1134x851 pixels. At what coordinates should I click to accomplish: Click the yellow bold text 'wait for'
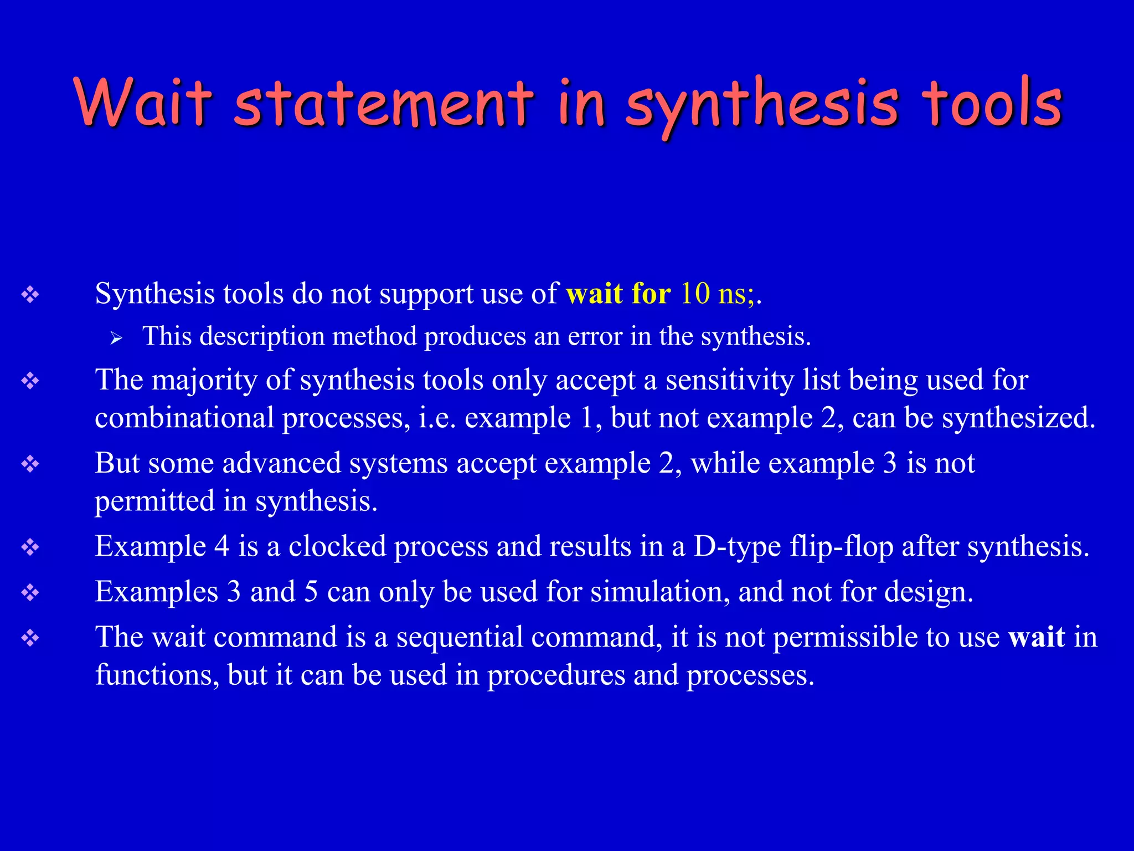point(618,293)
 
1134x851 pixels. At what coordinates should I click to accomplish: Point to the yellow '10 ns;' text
point(717,293)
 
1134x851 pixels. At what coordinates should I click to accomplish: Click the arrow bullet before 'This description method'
point(116,337)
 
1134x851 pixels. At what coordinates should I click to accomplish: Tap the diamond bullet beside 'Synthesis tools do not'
point(30,294)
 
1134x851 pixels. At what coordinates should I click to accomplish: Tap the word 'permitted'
point(154,501)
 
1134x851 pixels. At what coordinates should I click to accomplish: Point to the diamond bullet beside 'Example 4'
point(30,547)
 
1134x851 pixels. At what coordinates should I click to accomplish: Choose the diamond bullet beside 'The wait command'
point(30,638)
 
